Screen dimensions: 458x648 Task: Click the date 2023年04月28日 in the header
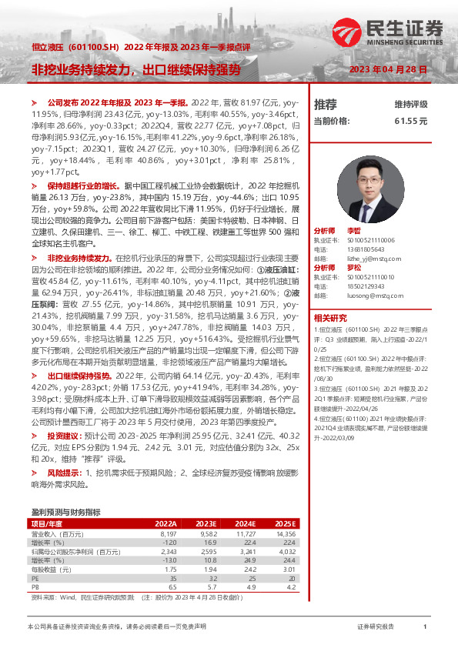point(388,70)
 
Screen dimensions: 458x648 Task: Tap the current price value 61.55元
point(410,121)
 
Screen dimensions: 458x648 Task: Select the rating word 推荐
point(326,103)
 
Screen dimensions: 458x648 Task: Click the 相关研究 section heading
point(330,317)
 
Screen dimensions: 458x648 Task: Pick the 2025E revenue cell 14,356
point(286,533)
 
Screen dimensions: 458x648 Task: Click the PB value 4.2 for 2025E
point(290,586)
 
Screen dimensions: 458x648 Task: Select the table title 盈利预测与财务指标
point(65,512)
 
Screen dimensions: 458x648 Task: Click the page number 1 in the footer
point(425,627)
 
